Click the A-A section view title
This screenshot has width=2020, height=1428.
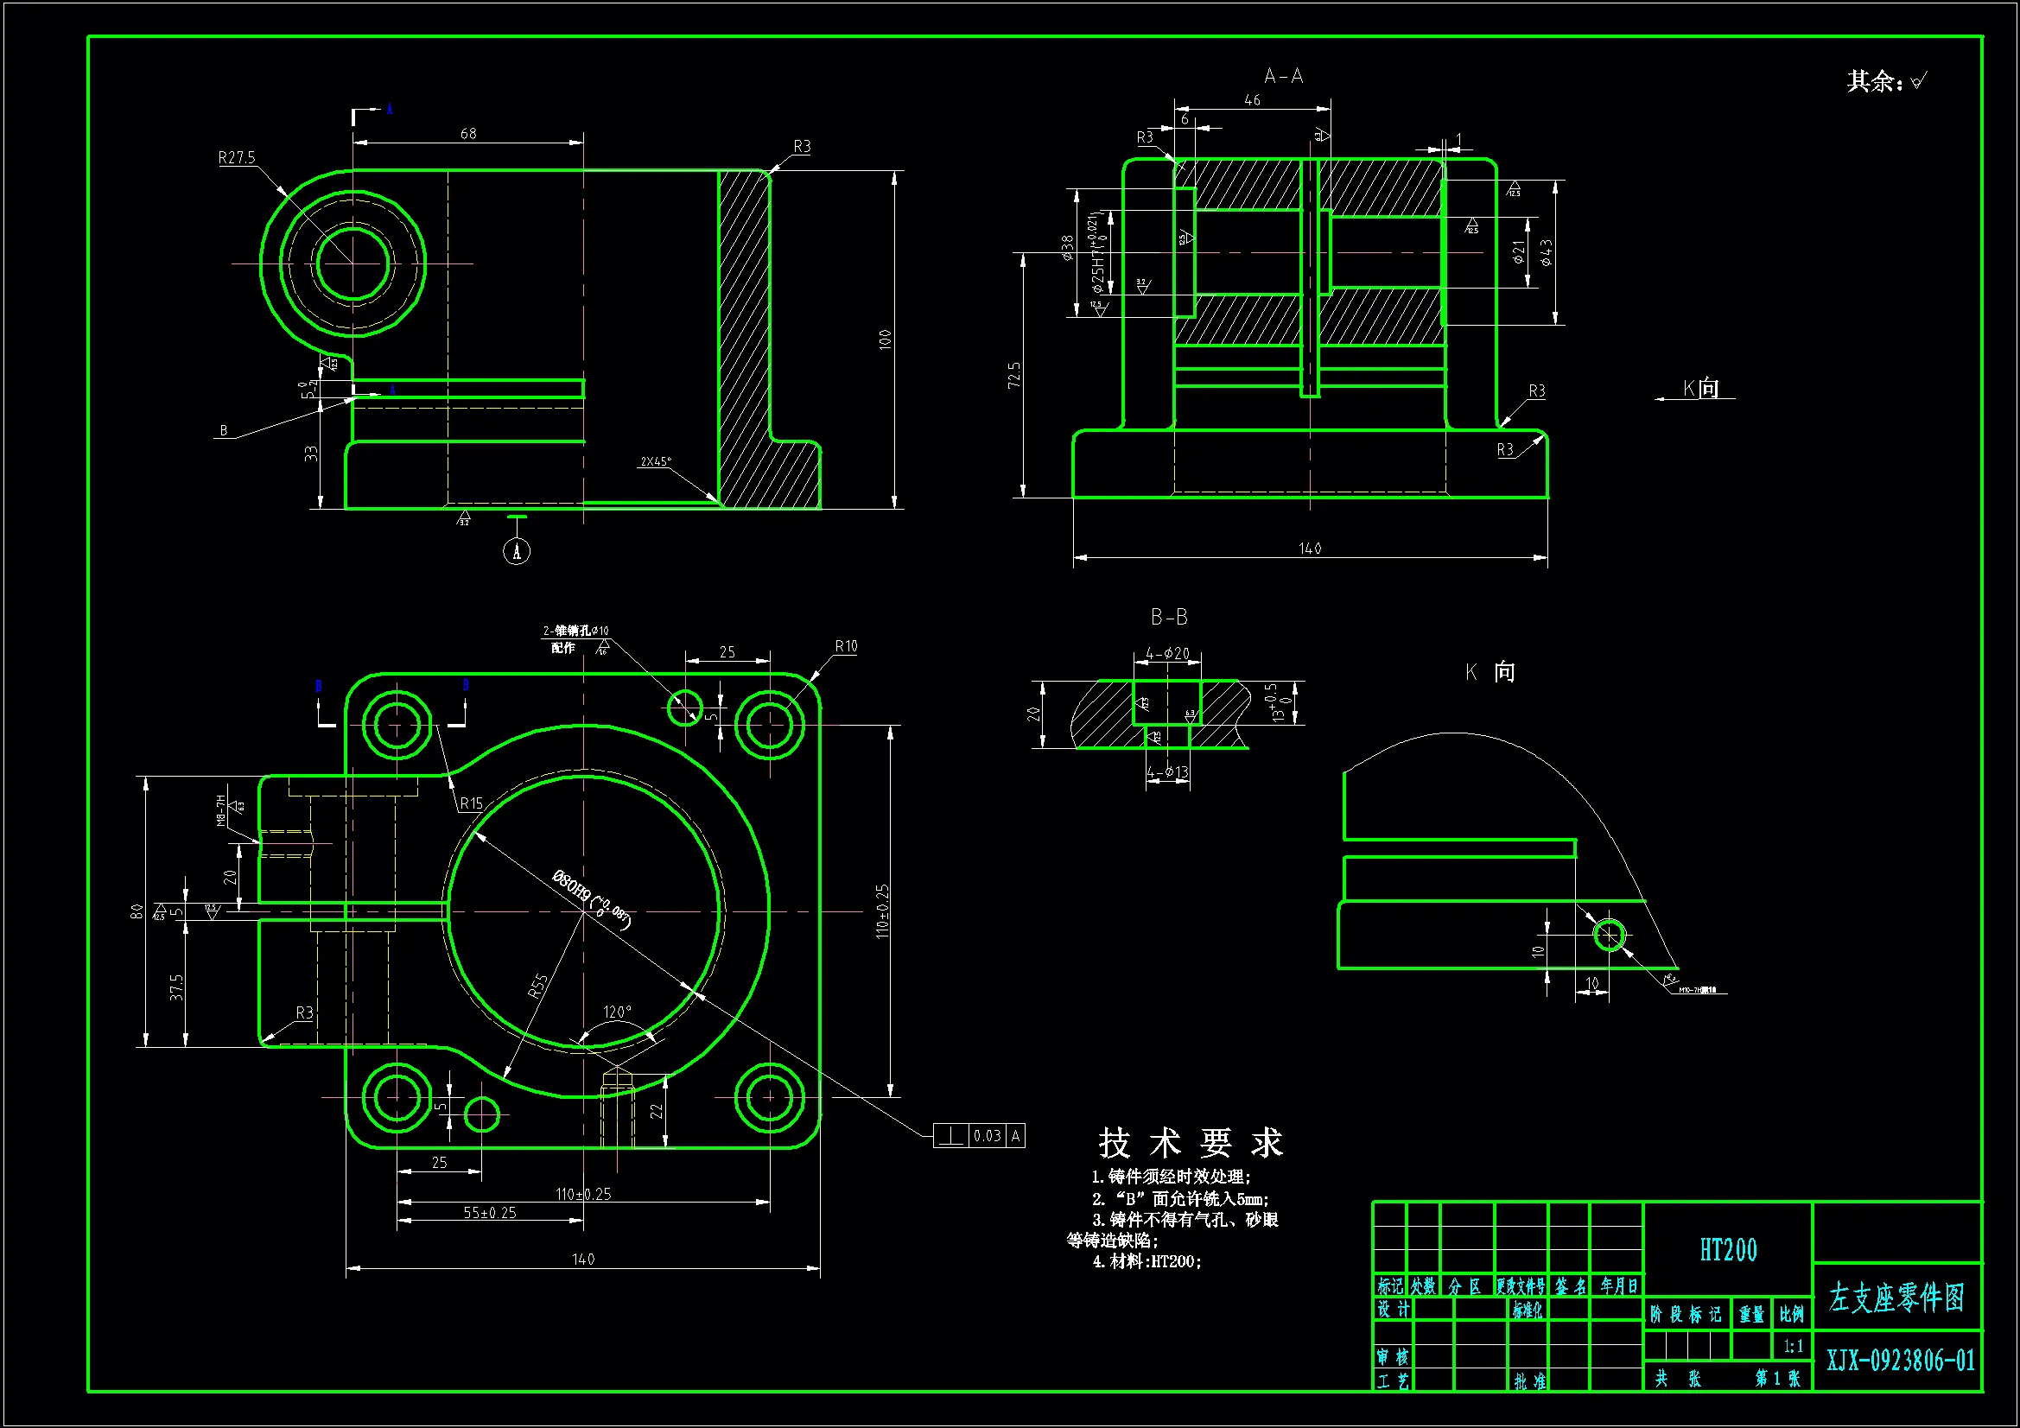[x=1283, y=77]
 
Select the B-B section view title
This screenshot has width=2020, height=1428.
[x=1169, y=618]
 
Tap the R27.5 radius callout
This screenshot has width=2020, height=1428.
[x=237, y=157]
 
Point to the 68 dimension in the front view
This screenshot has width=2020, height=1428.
[x=468, y=133]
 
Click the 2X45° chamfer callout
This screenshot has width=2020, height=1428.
[x=656, y=461]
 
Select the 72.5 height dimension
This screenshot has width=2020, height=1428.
[x=1014, y=375]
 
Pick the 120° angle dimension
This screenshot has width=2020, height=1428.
[x=617, y=1012]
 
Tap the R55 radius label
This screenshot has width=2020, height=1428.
[x=537, y=986]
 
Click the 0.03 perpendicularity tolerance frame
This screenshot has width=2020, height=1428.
[x=979, y=1136]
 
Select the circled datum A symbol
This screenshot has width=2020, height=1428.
[x=517, y=552]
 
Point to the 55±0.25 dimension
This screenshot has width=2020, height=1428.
[x=490, y=1212]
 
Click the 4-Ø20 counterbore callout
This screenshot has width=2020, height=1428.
[x=1167, y=653]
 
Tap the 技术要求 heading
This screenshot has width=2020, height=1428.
[x=1191, y=1143]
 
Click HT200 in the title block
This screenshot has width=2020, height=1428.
[x=1728, y=1250]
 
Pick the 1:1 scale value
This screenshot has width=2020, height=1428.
[x=1793, y=1346]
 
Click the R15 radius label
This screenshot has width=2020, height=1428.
[x=471, y=803]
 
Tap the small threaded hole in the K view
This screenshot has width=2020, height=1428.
[x=1609, y=936]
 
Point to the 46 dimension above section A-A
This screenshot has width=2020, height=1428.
[x=1252, y=100]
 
